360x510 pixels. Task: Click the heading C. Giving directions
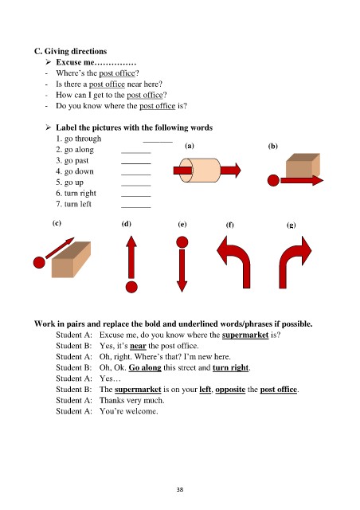click(71, 51)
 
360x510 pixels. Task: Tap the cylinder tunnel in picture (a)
click(200, 170)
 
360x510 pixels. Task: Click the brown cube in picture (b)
click(303, 165)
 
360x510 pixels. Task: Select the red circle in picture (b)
click(273, 180)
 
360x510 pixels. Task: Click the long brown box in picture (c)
click(71, 259)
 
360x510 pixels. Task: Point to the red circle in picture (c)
click(39, 262)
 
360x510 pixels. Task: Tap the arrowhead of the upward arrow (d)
click(131, 241)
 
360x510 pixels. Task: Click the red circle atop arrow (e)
click(182, 242)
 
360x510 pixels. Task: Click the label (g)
click(292, 225)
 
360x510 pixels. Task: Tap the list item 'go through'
click(79, 139)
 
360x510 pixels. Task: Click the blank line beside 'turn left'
click(136, 207)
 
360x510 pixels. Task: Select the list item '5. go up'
click(69, 182)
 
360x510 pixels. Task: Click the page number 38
click(180, 489)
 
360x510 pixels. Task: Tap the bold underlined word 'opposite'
click(230, 390)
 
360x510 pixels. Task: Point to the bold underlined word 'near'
click(138, 346)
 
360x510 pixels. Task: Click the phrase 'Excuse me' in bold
click(75, 62)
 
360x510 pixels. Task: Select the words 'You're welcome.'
click(129, 411)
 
